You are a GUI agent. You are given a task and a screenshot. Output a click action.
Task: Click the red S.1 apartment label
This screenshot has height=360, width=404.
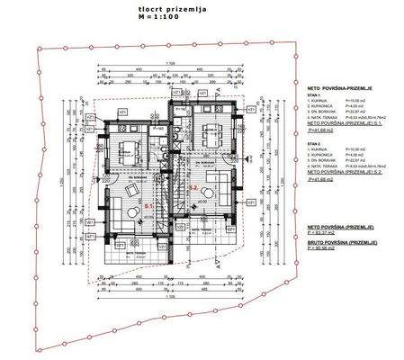[148, 206]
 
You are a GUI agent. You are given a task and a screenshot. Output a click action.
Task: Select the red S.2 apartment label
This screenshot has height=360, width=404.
[193, 187]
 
